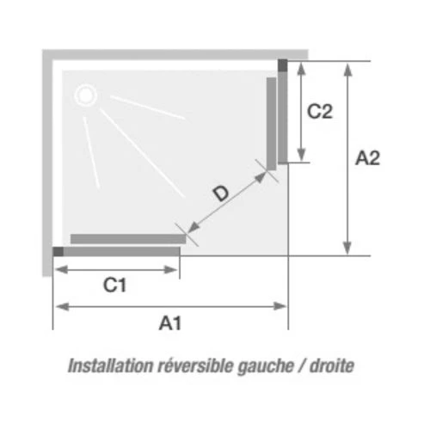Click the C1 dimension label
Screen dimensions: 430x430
(x=114, y=286)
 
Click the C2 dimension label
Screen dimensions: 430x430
(x=320, y=111)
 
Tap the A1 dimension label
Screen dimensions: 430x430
(x=170, y=323)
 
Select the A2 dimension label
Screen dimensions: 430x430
(x=367, y=158)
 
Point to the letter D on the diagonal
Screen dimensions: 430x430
(x=221, y=193)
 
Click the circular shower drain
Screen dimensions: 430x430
(x=85, y=95)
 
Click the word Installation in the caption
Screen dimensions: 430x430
(x=111, y=365)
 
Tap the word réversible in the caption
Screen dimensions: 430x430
(x=195, y=365)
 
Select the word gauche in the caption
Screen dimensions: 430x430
(x=266, y=367)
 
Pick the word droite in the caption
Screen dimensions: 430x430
(x=332, y=365)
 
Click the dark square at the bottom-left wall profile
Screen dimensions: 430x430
(x=58, y=251)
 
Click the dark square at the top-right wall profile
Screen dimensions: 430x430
(x=283, y=65)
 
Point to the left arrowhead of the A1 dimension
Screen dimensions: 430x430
(x=63, y=306)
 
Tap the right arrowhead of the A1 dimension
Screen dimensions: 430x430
(x=279, y=306)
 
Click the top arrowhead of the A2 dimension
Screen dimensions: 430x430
(x=347, y=70)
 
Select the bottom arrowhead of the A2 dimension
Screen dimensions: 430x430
(x=347, y=248)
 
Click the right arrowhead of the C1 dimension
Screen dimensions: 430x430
(x=170, y=270)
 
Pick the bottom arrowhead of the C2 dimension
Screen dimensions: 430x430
(x=301, y=155)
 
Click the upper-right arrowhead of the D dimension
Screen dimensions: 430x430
(x=261, y=177)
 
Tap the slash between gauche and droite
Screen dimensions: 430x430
(x=302, y=366)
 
